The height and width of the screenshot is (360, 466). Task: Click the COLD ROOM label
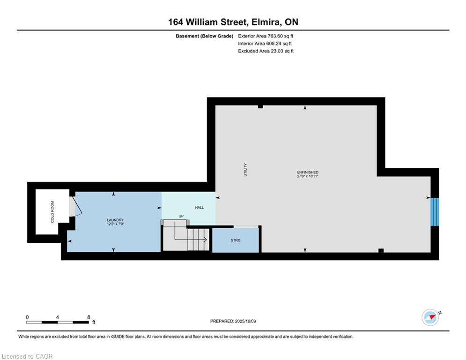(x=52, y=212)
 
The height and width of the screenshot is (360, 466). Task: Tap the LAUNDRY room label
(x=115, y=220)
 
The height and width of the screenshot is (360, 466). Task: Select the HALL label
(x=200, y=207)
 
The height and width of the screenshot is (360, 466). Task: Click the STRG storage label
(x=236, y=240)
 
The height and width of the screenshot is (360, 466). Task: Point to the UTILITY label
(x=245, y=170)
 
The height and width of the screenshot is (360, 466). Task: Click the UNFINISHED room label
(x=308, y=172)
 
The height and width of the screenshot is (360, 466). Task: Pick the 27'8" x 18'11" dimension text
(x=308, y=176)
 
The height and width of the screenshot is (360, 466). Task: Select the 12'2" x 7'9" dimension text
(x=115, y=224)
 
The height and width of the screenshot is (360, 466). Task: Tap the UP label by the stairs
(x=181, y=216)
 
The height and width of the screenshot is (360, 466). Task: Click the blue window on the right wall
(x=435, y=212)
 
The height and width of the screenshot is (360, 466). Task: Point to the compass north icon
(x=430, y=317)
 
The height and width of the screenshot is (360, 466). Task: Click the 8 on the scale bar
(x=89, y=317)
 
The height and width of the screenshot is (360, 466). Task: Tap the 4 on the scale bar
(x=57, y=317)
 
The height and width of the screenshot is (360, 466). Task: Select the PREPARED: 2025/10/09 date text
(x=233, y=321)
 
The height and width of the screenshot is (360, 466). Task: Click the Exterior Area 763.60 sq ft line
(x=266, y=36)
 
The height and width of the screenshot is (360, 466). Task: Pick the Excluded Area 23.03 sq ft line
(x=266, y=51)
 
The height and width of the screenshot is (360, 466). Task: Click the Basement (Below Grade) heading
(x=205, y=36)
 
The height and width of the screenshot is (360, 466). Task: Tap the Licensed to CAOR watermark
(x=27, y=356)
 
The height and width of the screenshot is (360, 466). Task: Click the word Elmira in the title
(x=266, y=22)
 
